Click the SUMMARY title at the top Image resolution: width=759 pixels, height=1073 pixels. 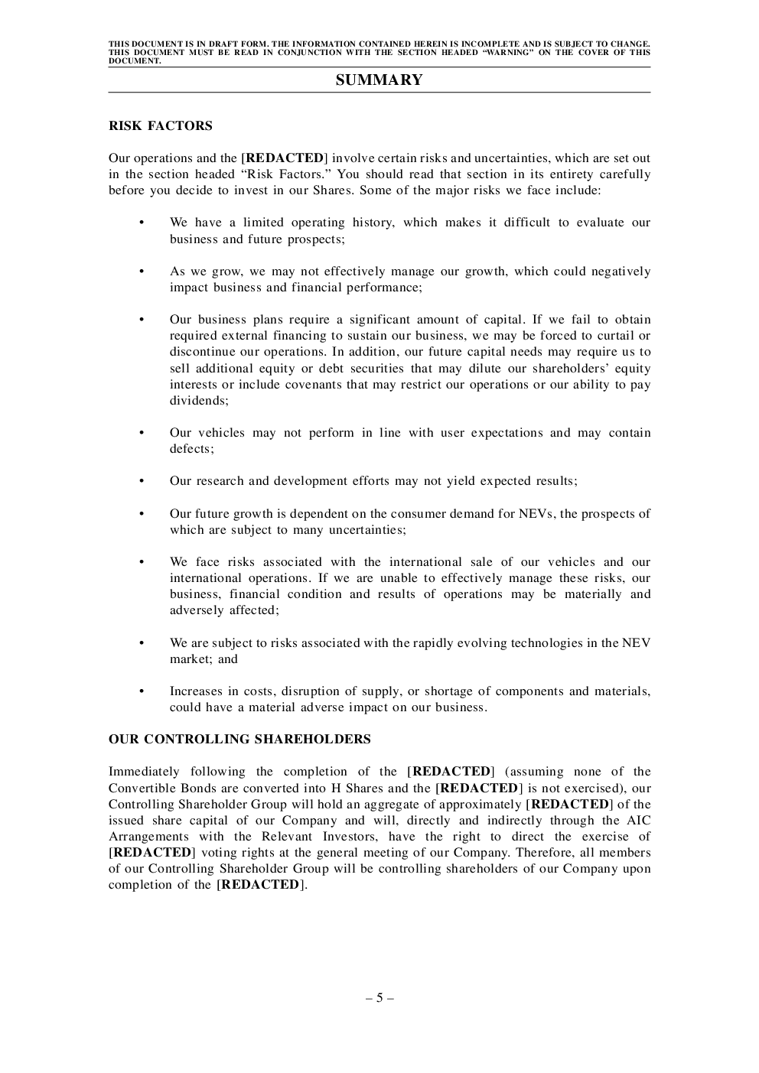click(379, 80)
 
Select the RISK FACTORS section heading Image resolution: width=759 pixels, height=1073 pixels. click(161, 125)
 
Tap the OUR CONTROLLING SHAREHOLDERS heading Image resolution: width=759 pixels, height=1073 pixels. click(239, 739)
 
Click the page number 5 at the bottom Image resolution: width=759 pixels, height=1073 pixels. click(379, 997)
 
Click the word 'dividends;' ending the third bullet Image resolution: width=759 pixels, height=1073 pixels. click(199, 401)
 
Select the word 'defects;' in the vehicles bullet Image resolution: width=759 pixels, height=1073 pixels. click(192, 449)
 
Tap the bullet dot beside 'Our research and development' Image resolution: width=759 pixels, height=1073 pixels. click(142, 481)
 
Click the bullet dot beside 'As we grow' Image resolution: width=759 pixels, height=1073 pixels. click(142, 272)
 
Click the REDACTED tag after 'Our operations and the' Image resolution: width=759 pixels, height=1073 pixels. click(284, 158)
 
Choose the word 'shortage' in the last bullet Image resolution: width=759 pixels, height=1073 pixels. click(448, 691)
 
